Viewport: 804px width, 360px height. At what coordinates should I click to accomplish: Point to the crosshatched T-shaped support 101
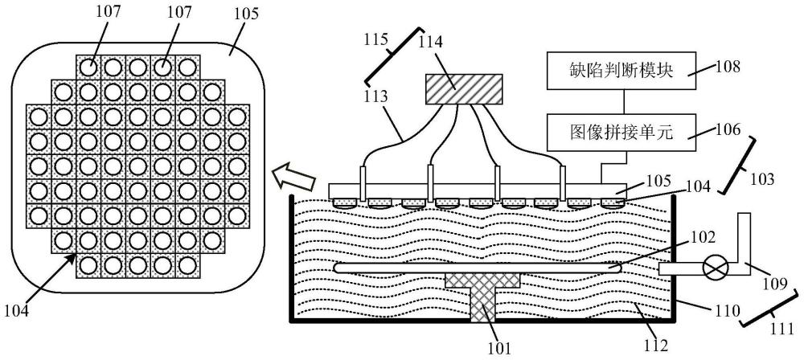(482, 297)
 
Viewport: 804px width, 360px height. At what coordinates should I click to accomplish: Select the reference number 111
(782, 329)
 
